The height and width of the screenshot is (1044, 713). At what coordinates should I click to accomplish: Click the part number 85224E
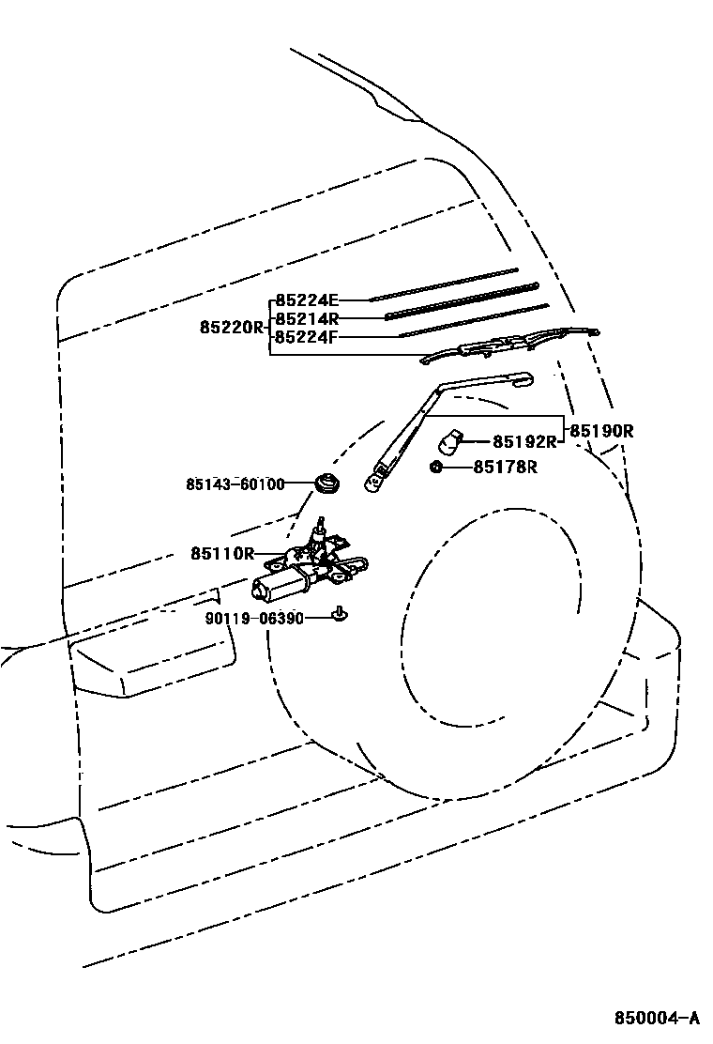306,300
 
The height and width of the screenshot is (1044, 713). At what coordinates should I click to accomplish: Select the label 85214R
306,318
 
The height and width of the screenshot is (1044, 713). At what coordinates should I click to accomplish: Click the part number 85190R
602,431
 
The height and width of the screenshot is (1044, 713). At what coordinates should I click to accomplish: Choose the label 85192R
526,440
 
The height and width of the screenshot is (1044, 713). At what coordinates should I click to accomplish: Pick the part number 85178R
505,467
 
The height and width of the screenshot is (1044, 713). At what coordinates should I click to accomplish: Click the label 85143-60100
235,484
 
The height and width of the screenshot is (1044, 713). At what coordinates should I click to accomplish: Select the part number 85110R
222,554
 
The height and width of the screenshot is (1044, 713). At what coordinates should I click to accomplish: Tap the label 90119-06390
254,618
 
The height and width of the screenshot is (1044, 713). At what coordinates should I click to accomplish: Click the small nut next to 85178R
437,467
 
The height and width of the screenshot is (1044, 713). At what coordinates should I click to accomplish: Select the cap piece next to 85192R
451,438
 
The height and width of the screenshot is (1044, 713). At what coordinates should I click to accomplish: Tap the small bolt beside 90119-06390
339,615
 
